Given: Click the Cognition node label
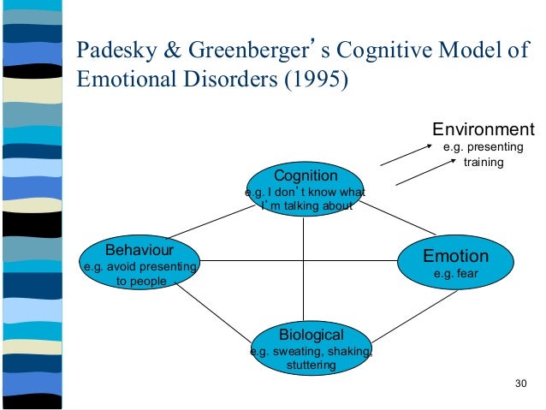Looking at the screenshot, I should pyautogui.click(x=306, y=175).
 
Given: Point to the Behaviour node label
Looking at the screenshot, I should pyautogui.click(x=139, y=251).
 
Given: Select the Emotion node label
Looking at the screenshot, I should pyautogui.click(x=456, y=256).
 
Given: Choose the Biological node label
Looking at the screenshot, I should pyautogui.click(x=312, y=335).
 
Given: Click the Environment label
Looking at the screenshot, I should pyautogui.click(x=483, y=130).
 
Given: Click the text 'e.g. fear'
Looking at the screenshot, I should pyautogui.click(x=454, y=274).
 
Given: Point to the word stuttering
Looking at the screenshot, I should pyautogui.click(x=311, y=365).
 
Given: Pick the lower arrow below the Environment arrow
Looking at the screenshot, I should pyautogui.click(x=412, y=175).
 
